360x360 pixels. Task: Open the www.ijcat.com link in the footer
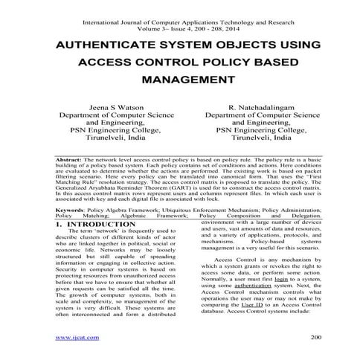pos(77,338)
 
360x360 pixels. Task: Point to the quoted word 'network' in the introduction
pos(94,234)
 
